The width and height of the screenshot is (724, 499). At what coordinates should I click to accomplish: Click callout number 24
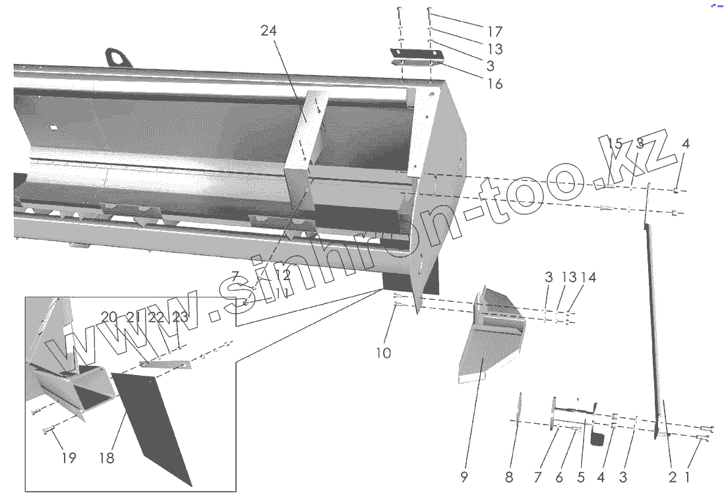coord(268,31)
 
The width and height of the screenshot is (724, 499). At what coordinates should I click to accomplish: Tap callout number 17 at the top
coord(495,32)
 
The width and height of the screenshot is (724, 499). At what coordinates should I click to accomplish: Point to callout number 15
coord(615,143)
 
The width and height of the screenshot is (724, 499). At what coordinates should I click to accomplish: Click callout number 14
coord(588,278)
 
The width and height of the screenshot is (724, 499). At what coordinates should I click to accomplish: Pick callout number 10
coord(383,353)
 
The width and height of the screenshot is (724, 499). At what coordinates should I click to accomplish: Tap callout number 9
coord(464,477)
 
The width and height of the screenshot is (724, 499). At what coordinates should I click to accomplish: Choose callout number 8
coord(508,477)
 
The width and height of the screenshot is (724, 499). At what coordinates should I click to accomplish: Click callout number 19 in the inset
coord(69,457)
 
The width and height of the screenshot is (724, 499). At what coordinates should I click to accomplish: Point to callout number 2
coord(673,477)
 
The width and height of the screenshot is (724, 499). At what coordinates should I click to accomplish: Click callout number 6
coord(559,477)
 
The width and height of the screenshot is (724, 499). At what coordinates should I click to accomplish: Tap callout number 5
coord(580,477)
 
